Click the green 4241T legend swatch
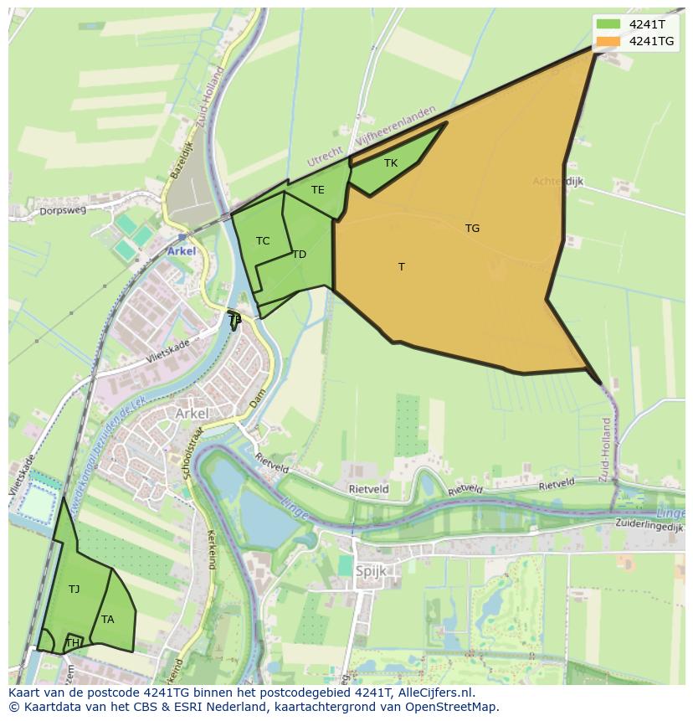(608, 24)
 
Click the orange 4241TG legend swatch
(608, 41)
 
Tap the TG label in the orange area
(472, 228)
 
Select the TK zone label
(391, 163)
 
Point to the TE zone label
(317, 190)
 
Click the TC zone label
(263, 241)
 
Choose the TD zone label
(299, 255)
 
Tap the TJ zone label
(74, 590)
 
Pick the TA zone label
(107, 620)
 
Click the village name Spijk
(371, 572)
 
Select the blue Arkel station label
(182, 251)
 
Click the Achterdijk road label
(558, 181)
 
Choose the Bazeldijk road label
(181, 159)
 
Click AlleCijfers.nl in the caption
(434, 693)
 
